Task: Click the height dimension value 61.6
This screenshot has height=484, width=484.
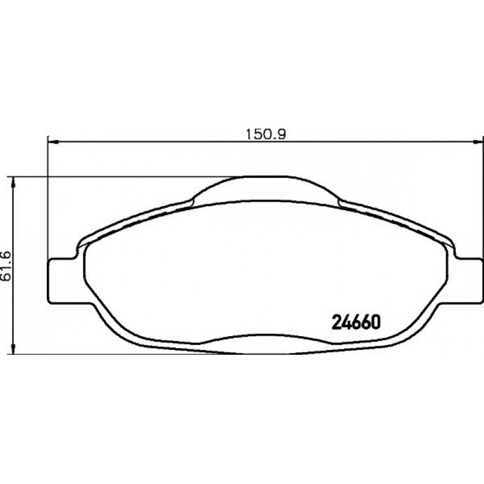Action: (7, 265)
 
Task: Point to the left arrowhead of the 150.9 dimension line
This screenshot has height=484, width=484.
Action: (51, 142)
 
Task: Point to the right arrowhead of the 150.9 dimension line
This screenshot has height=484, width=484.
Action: (479, 142)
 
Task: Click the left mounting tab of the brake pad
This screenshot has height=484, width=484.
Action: (60, 280)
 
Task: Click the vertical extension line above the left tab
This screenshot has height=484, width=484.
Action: (47, 198)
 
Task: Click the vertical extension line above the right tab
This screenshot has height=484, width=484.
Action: (483, 198)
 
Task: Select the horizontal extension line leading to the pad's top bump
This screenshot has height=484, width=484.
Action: (120, 177)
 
